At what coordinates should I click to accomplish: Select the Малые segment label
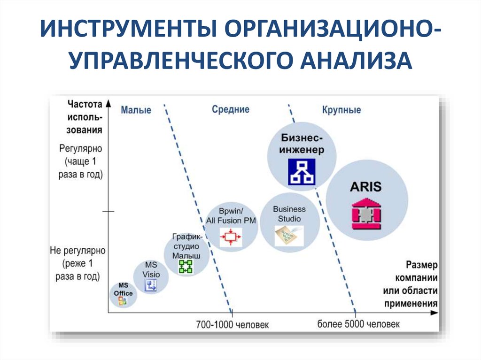point(136,110)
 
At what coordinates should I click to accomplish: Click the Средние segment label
point(230,109)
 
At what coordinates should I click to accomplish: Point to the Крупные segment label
point(341,110)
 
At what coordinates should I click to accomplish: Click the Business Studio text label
point(289,214)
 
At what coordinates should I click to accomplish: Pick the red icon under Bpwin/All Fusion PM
point(231,236)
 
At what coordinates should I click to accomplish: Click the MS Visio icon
point(151,285)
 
